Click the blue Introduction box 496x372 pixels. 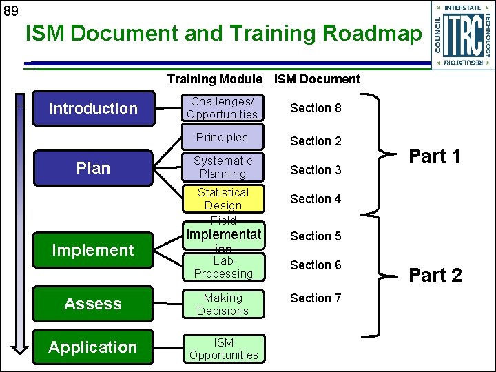pos(94,108)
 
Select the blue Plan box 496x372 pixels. pos(94,168)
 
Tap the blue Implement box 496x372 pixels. pos(94,250)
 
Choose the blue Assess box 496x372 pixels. pos(94,304)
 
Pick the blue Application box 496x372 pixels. pos(94,347)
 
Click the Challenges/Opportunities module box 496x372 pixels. pos(223,108)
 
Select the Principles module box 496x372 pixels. pos(223,137)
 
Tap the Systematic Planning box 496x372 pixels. pos(223,167)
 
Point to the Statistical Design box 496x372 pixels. pos(223,198)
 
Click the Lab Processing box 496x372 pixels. pos(223,267)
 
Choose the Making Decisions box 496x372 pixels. pos(223,304)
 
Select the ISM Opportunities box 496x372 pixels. pos(223,349)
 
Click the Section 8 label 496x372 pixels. pos(316,108)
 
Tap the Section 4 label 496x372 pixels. pos(316,199)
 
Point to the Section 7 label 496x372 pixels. pos(316,298)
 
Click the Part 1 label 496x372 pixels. pos(435,156)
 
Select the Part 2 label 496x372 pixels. pos(435,276)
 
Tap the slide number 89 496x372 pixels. pos(10,10)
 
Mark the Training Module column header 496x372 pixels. pos(214,79)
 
